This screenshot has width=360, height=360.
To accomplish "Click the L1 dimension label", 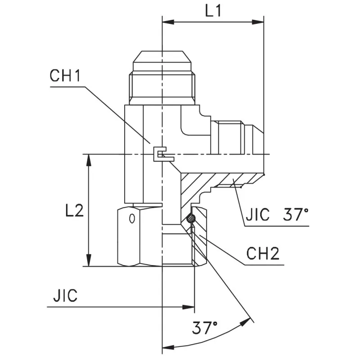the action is coord(213,12).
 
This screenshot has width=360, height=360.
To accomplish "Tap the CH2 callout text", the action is coord(263,254).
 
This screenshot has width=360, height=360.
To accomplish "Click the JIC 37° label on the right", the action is coord(277,215).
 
